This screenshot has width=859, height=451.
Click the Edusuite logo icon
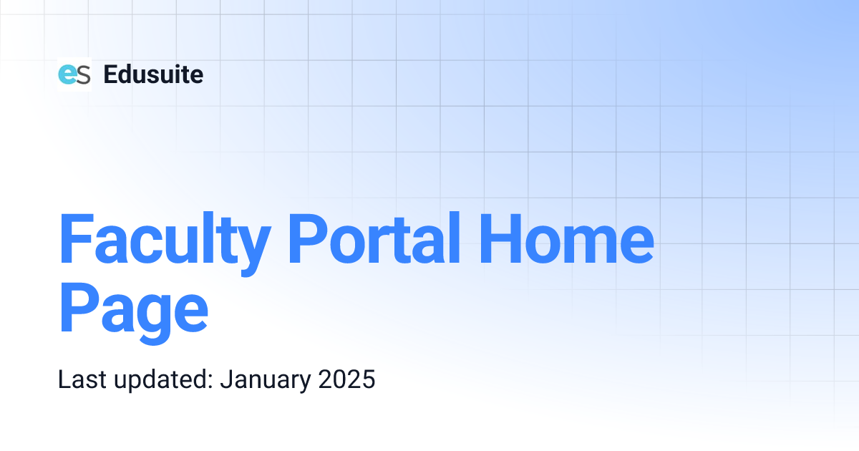coord(74,74)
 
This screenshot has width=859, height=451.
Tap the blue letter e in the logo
coord(67,74)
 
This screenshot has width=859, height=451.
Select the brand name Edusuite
coord(153,74)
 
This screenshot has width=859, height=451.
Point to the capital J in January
coord(225,379)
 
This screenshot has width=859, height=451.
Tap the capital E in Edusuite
coord(110,74)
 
